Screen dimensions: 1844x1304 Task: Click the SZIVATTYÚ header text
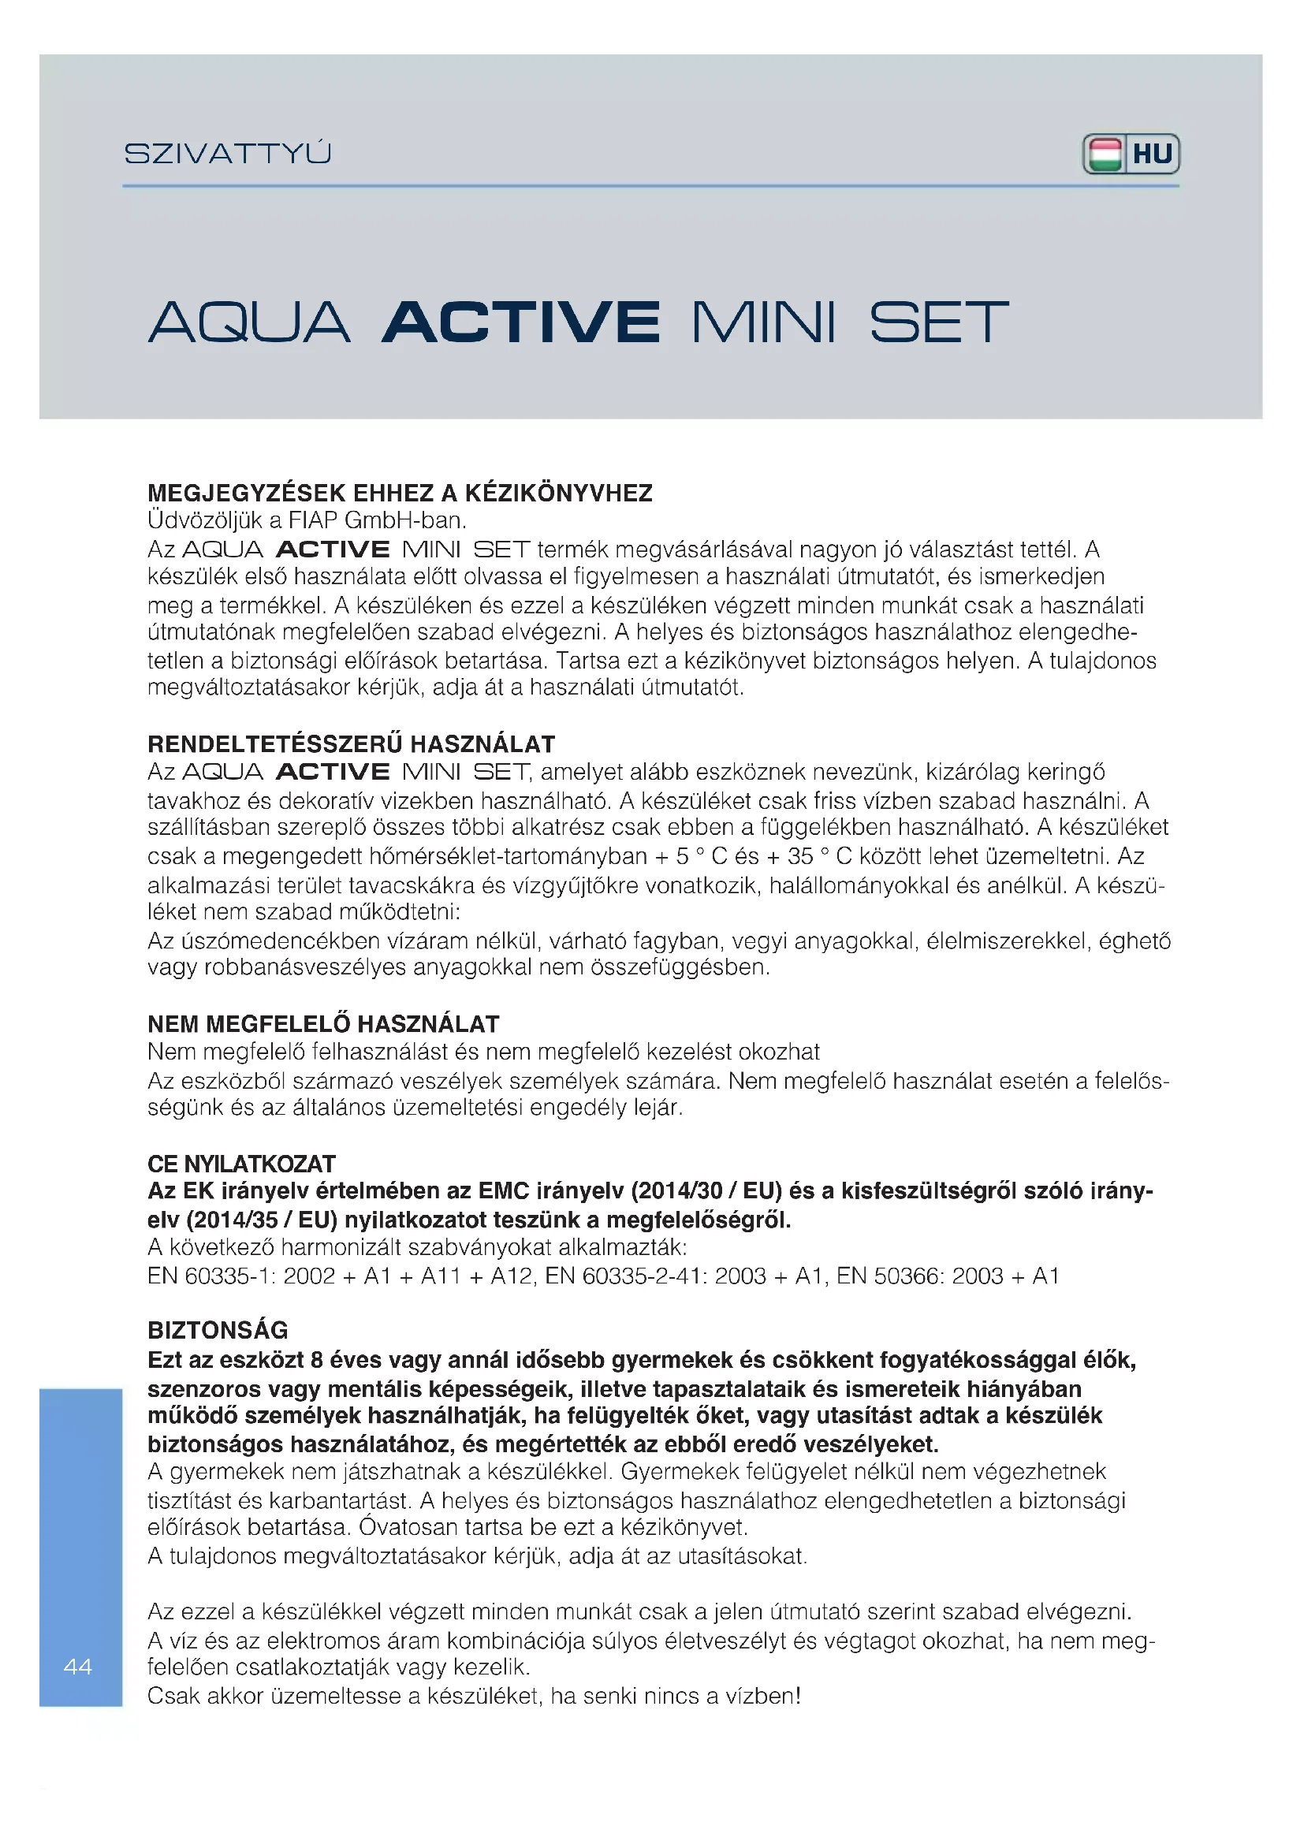[x=227, y=154]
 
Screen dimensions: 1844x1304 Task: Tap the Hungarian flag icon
[x=1105, y=155]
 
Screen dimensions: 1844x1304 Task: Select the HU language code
[x=1153, y=155]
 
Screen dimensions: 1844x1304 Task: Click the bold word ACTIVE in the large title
[x=521, y=323]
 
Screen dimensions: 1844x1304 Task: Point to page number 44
[x=78, y=1667]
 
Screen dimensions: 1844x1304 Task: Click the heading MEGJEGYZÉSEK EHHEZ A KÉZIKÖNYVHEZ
[x=400, y=493]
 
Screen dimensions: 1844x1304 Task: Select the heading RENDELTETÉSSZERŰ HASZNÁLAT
[x=351, y=743]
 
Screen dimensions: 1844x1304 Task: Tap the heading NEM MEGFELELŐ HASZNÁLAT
[x=322, y=1024]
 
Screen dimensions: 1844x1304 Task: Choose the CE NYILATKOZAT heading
[x=241, y=1164]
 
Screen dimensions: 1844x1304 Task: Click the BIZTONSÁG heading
[x=218, y=1330]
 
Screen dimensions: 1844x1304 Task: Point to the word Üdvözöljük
[x=205, y=520]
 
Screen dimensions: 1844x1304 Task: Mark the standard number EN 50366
[x=887, y=1276]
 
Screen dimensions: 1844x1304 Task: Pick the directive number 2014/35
[x=232, y=1220]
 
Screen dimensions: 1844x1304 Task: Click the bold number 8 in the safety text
[x=316, y=1360]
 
